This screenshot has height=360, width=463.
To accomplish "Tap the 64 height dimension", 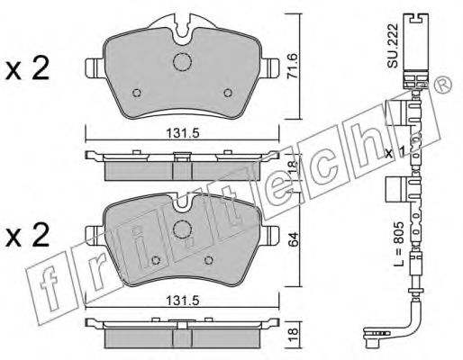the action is pyautogui.click(x=293, y=239).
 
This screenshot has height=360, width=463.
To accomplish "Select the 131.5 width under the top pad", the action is pyautogui.click(x=183, y=133).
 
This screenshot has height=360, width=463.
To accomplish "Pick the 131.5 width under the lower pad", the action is pyautogui.click(x=183, y=301).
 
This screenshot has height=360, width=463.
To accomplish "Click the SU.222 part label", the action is pyautogui.click(x=393, y=45).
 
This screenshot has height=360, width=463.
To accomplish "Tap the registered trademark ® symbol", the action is pyautogui.click(x=443, y=85).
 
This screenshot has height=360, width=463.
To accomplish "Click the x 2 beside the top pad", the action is pyautogui.click(x=27, y=68).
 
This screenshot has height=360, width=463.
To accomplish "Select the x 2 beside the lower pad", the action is pyautogui.click(x=27, y=236).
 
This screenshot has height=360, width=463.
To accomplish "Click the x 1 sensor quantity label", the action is pyautogui.click(x=395, y=152).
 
